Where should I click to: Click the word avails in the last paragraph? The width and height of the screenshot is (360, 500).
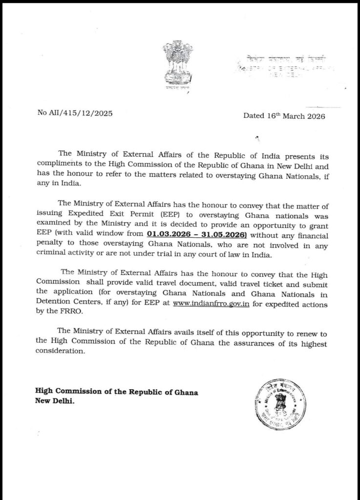point(188,333)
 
